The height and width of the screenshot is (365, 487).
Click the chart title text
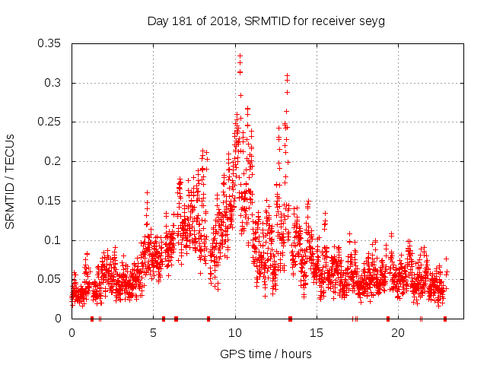coord(266,21)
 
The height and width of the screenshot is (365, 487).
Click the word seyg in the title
coord(372,21)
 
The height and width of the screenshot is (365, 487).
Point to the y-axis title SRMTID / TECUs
coord(11,181)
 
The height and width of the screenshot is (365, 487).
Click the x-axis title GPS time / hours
coord(266,354)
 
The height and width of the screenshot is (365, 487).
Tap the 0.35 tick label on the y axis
coord(49,43)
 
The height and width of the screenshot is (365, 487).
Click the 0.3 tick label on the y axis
coord(53,83)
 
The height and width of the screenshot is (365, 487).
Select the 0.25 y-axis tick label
coord(49,122)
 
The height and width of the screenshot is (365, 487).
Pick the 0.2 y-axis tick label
coord(53,161)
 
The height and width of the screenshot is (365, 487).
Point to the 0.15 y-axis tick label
coord(49,201)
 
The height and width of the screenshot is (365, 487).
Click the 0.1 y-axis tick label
coord(53,240)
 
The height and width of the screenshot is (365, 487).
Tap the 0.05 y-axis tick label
coord(49,279)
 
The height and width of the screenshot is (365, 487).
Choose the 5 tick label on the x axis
coord(154,332)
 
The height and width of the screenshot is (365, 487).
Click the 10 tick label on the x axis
coord(235,332)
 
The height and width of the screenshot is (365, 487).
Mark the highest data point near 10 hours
coord(240,56)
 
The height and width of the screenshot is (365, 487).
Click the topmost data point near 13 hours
coord(287,75)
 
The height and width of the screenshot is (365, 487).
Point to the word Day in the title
coord(157,21)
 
